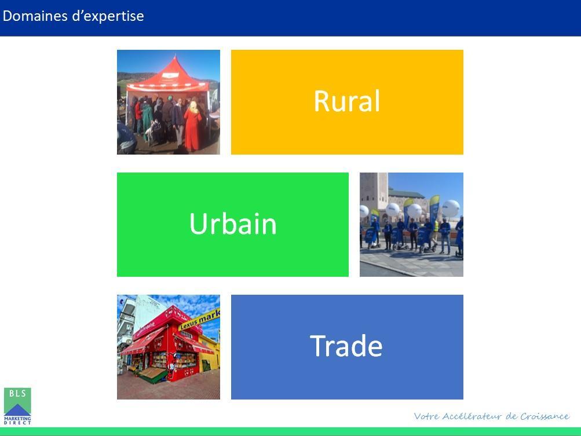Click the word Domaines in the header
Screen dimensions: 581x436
pos(35,16)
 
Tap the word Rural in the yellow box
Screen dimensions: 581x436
pos(347,101)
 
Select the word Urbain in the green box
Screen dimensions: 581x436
pos(233,224)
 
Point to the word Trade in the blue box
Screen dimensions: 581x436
pos(346,346)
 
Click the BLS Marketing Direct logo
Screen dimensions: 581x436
pos(17,406)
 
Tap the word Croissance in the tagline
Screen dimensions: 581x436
pos(545,416)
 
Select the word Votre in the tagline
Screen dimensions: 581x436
pos(426,416)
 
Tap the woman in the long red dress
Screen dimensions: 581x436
pos(193,126)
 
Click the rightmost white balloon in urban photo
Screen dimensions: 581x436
pos(451,208)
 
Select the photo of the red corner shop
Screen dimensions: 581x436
pos(169,347)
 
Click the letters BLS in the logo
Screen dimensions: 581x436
pos(17,393)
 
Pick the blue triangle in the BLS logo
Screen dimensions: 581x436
pos(17,410)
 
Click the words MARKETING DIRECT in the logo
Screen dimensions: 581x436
pos(17,420)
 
